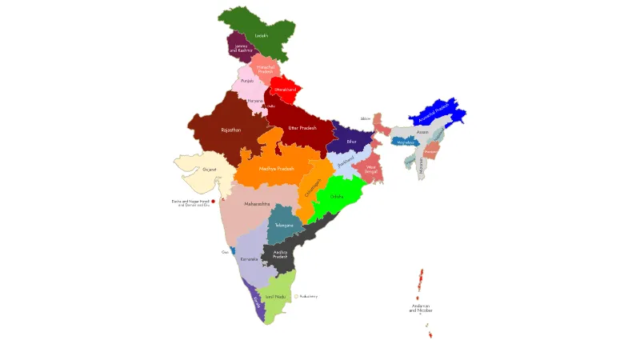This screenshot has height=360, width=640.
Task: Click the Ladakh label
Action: [x=261, y=36]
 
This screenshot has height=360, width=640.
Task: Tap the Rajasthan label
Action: [x=230, y=129]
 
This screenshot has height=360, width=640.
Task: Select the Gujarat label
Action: [x=210, y=170]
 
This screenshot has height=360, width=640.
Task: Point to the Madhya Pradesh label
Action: [x=276, y=169]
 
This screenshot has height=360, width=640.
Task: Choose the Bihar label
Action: [x=351, y=142]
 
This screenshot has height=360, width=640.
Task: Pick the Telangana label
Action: [x=284, y=225]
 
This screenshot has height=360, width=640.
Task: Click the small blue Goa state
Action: [x=233, y=251]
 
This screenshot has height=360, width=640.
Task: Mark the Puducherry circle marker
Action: [x=296, y=296]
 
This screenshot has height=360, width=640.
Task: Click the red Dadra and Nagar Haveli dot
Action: [x=213, y=202]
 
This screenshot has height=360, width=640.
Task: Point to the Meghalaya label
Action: [x=405, y=142]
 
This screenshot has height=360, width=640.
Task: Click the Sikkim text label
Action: [x=366, y=118]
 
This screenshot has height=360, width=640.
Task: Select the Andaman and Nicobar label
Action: [x=420, y=308]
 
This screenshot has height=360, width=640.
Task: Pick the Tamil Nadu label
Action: [x=275, y=296]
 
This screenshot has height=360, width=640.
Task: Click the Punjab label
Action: [x=247, y=81]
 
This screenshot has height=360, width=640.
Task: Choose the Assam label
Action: [x=422, y=132]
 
